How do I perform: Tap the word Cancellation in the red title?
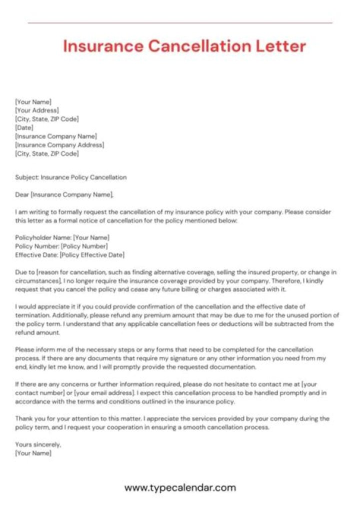195,46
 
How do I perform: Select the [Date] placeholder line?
24,127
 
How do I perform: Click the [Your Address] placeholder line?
37,110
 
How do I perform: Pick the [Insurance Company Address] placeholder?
59,145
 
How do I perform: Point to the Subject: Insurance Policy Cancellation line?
70,177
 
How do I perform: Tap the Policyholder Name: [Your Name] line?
62,237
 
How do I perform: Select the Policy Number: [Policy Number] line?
61,246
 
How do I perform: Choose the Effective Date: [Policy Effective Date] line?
69,255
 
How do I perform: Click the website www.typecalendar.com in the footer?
180,487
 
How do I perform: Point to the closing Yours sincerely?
38,444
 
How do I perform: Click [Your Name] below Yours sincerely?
33,453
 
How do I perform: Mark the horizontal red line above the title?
180,22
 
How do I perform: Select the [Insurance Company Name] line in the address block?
56,136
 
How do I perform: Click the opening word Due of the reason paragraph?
21,272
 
